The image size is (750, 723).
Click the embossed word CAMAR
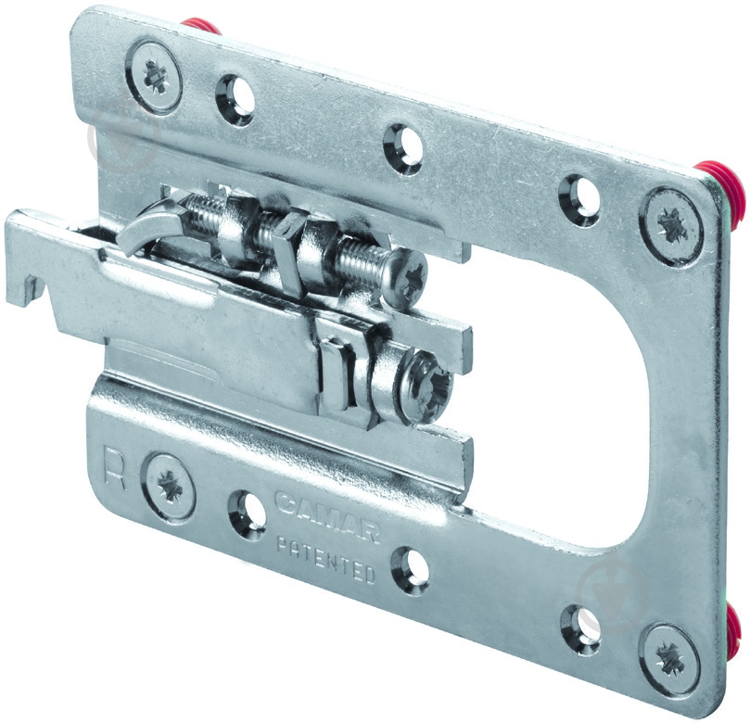pyautogui.click(x=327, y=515)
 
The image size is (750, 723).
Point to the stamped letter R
pyautogui.click(x=115, y=470)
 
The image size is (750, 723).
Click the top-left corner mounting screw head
pyautogui.click(x=154, y=78)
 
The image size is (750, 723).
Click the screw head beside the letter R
pyautogui.click(x=170, y=487)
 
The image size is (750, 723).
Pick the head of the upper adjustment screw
pyautogui.click(x=408, y=277)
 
